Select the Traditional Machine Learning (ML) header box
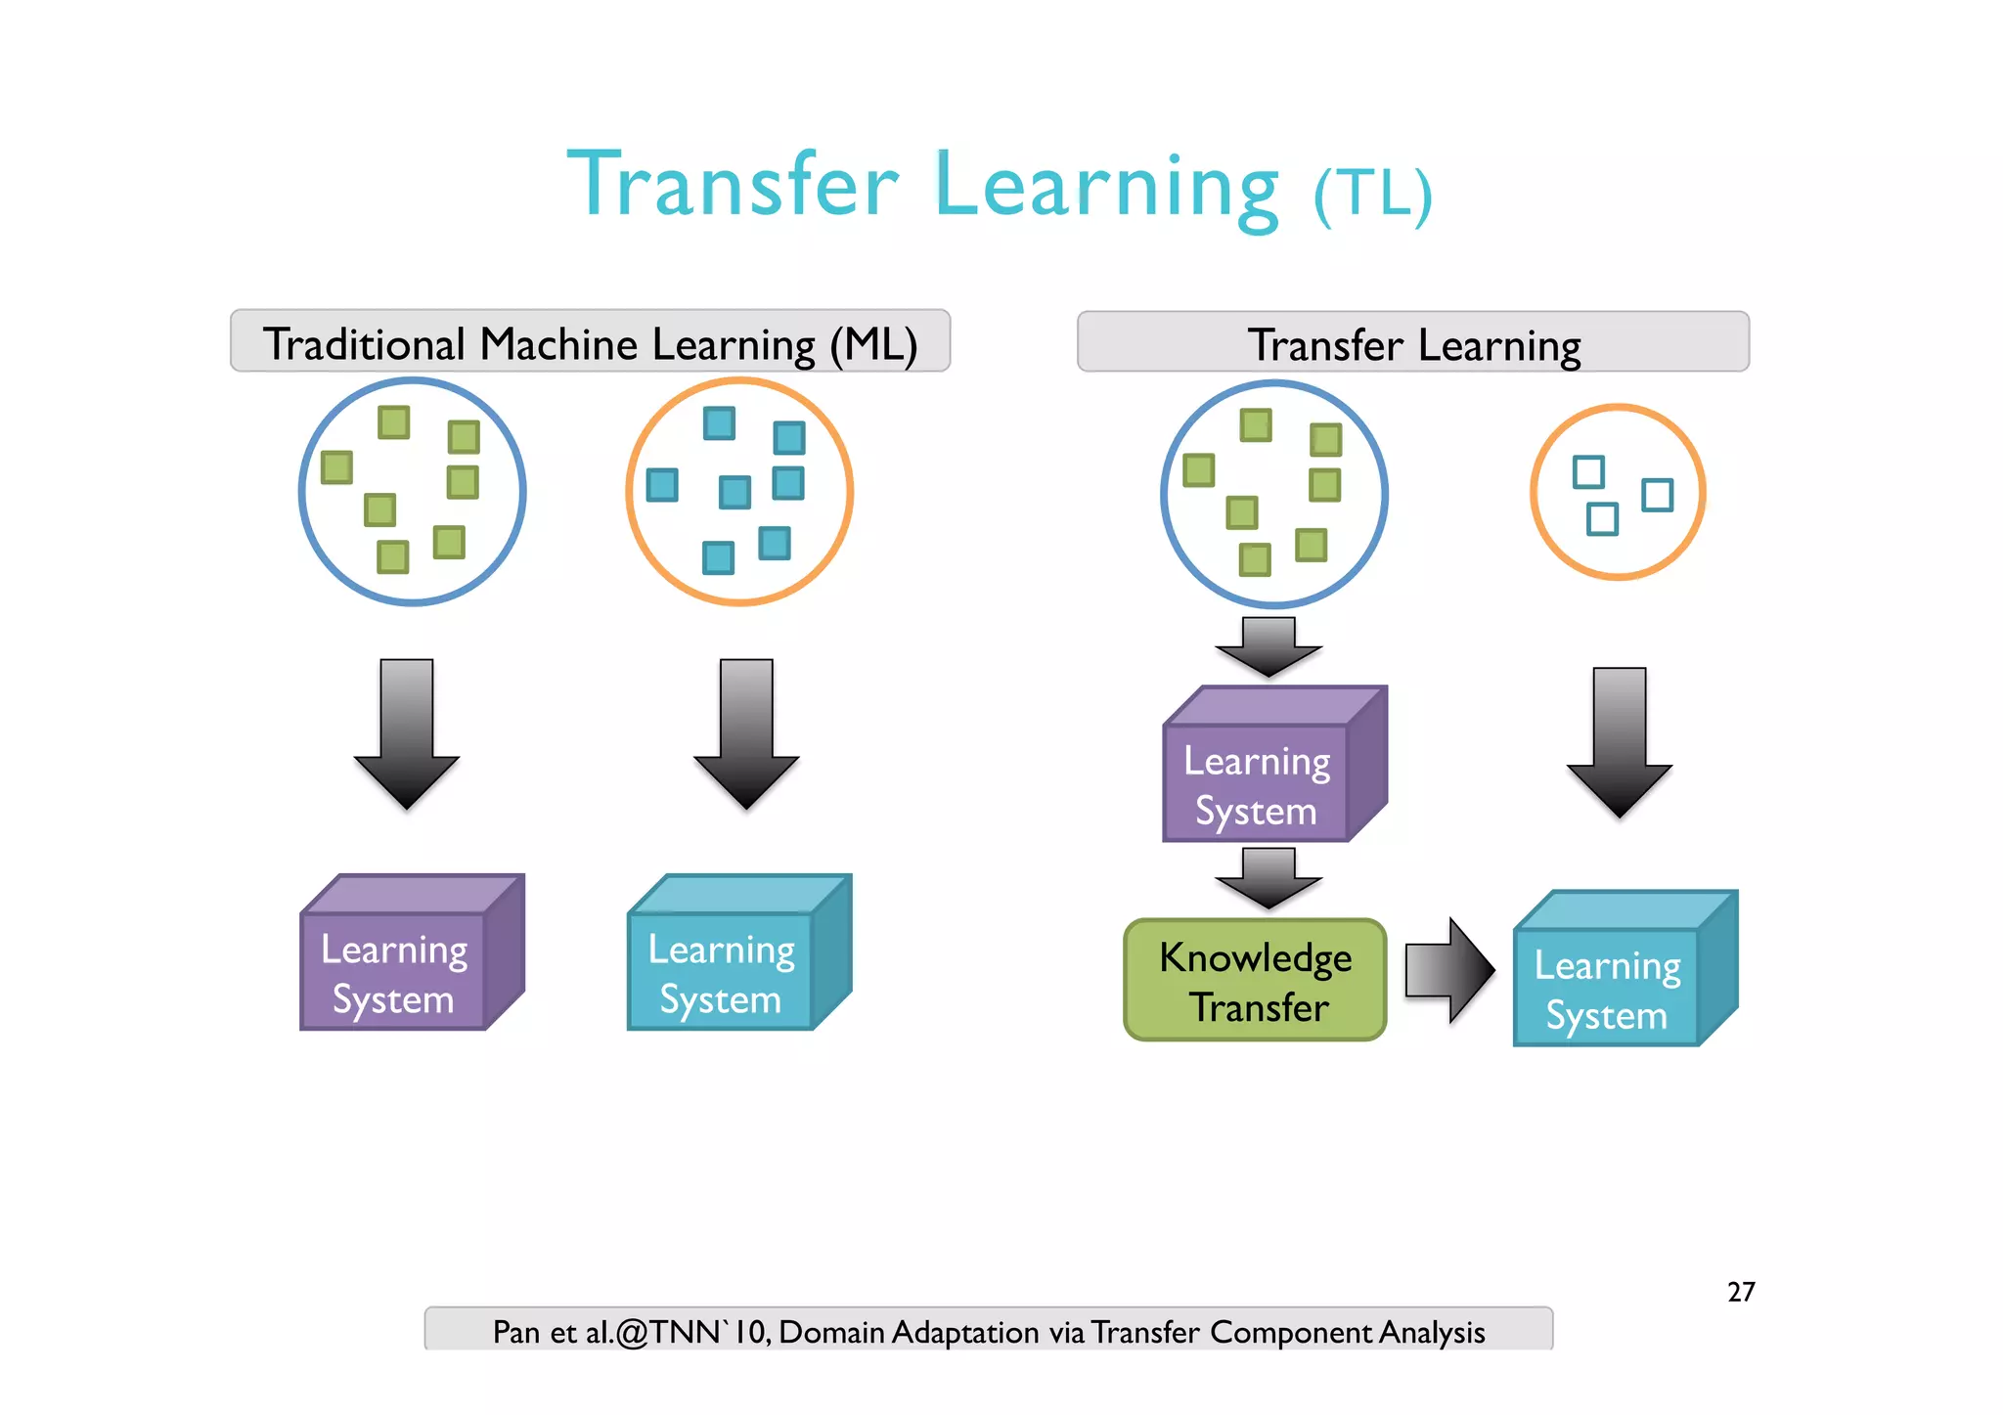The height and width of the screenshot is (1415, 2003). click(590, 342)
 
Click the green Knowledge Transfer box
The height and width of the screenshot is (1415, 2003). click(1255, 981)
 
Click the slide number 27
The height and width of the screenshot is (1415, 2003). click(1741, 1292)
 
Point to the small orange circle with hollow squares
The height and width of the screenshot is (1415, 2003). click(1618, 492)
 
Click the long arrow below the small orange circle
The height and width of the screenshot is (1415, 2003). click(1619, 742)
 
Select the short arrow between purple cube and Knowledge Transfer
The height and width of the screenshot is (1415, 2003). click(1269, 877)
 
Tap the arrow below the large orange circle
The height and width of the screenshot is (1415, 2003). click(746, 733)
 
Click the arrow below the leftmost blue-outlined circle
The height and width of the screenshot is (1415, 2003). click(407, 733)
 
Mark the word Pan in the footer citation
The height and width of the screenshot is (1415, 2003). click(515, 1332)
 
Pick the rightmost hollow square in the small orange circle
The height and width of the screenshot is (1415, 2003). click(1657, 495)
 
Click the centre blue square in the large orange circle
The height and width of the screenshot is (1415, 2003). click(734, 492)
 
